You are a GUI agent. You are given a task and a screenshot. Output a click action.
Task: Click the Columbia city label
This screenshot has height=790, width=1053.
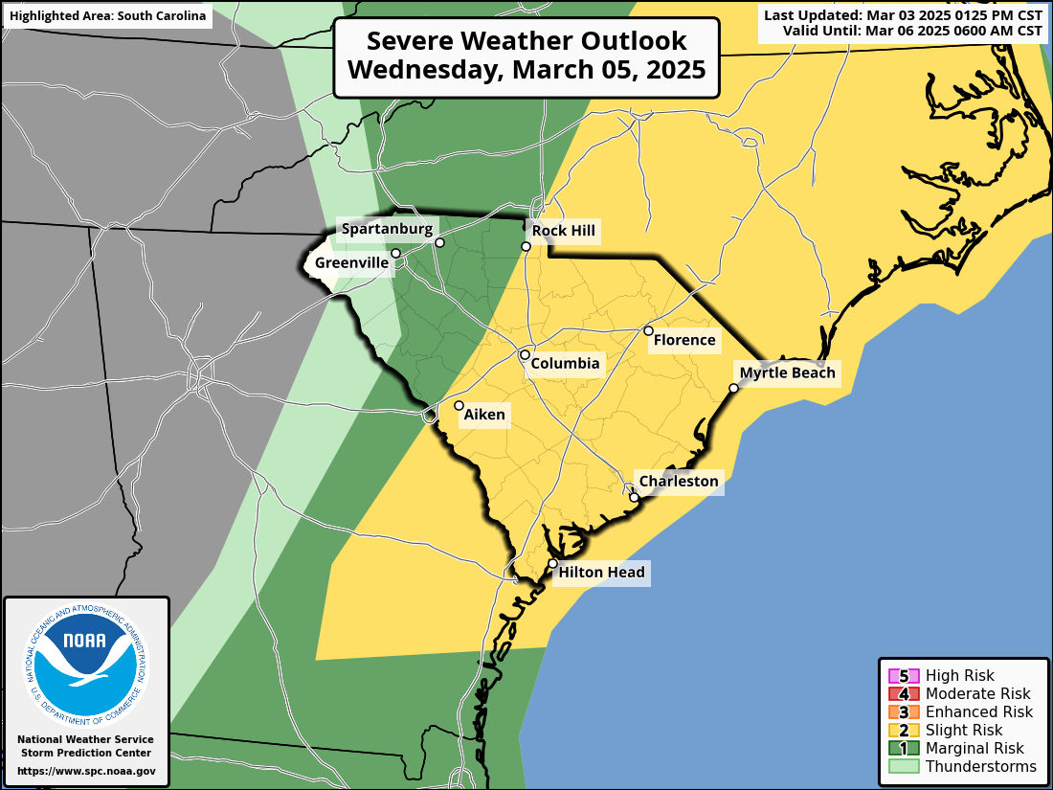point(565,364)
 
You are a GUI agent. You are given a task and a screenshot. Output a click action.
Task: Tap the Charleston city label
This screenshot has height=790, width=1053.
point(678,482)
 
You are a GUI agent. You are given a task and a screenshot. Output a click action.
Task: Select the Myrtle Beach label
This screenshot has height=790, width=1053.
point(787,373)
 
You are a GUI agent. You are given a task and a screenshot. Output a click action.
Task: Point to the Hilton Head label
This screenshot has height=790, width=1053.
point(601,573)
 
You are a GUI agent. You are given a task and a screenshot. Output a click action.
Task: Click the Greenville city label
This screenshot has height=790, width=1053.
point(351,262)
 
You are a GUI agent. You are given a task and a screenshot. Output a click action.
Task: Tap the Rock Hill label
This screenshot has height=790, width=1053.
point(564,231)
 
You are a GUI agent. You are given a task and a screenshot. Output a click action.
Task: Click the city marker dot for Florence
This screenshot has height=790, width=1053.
point(648,331)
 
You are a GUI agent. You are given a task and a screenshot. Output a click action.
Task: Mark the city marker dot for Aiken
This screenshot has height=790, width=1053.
point(459,406)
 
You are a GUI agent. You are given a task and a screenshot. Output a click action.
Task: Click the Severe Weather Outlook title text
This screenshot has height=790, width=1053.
point(526,41)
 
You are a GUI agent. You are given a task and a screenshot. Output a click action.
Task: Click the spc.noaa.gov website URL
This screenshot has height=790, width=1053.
point(86,771)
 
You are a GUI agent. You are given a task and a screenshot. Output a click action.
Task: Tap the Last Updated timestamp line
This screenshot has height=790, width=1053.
point(903,15)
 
